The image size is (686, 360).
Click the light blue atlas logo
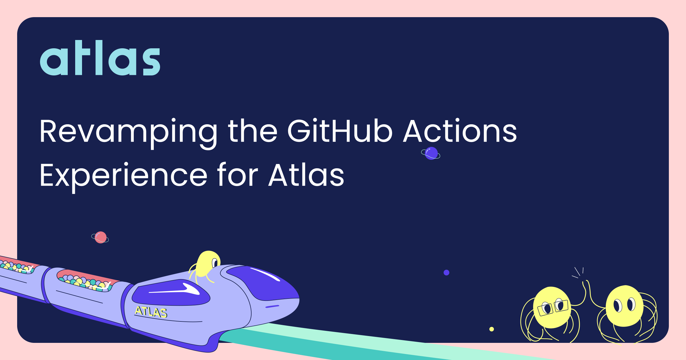[x=100, y=58]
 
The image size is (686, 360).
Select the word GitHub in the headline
[x=340, y=131]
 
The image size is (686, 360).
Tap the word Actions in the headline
[x=460, y=131]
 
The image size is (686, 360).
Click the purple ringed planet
[x=431, y=153]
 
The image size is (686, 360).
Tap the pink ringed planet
[x=100, y=237]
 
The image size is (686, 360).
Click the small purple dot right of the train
[x=446, y=273]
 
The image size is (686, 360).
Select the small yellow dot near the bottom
[x=492, y=329]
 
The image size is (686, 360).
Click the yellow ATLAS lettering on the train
[x=151, y=312]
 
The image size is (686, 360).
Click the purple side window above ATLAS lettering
[x=171, y=293]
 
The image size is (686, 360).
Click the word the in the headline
[x=252, y=131]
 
